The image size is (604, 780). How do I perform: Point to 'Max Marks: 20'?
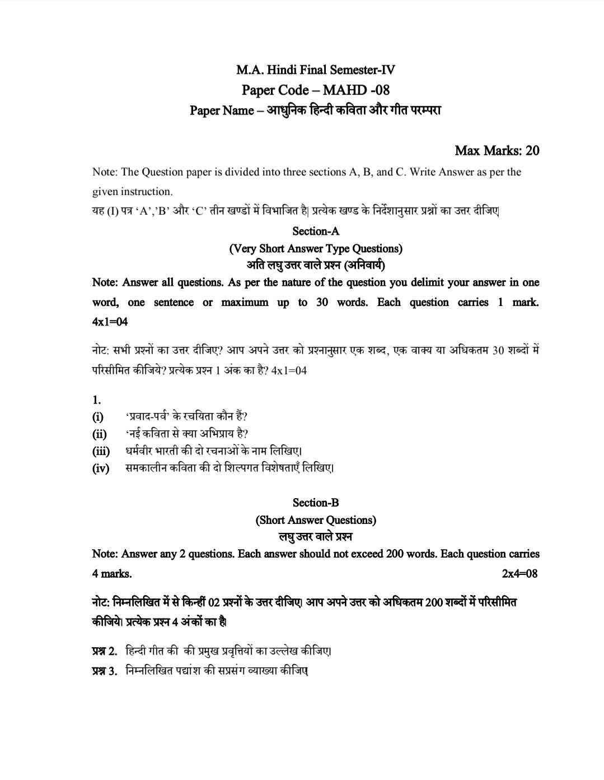pos(497,150)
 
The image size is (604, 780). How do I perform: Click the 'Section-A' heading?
pos(316,231)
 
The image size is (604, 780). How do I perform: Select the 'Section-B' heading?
pos(316,503)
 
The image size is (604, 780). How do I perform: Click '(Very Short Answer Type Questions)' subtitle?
pos(316,248)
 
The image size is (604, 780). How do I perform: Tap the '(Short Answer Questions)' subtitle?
pos(316,519)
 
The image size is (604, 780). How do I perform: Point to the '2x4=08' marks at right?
pos(520,574)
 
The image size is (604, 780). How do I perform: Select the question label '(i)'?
pos(98,417)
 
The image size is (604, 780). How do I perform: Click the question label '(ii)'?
pos(99,434)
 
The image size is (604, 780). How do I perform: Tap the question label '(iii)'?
pos(101,451)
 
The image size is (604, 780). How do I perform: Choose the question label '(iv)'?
pos(101,468)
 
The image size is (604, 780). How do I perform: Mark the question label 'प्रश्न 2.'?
pos(105,651)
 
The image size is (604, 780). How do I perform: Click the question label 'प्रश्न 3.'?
pos(105,671)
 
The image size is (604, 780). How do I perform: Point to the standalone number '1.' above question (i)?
pos(96,400)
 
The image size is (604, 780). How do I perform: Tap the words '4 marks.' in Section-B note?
pos(112,574)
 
